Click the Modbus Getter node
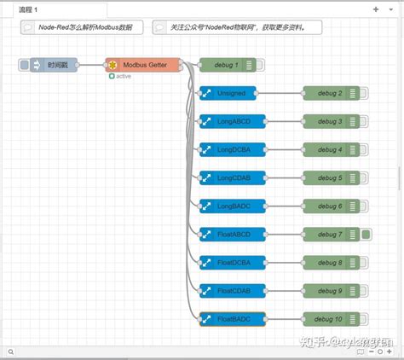(142, 65)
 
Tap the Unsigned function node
(231, 93)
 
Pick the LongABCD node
(231, 121)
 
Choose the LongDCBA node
(231, 149)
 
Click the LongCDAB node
(231, 177)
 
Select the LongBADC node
(231, 206)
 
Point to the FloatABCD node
(231, 234)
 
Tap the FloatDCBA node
(231, 262)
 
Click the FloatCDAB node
(231, 290)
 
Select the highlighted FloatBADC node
(231, 318)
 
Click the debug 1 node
(226, 65)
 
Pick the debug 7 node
(328, 234)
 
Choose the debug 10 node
(328, 318)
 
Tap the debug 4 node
(328, 149)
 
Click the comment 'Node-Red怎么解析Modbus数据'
(81, 27)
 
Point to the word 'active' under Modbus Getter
(124, 77)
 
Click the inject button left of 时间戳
(24, 65)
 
